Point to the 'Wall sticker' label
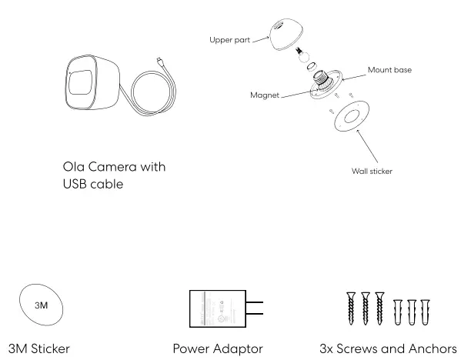[372, 171]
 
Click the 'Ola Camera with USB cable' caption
[115, 175]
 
